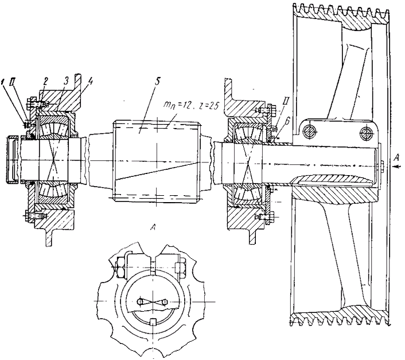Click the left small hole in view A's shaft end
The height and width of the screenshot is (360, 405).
tap(140, 301)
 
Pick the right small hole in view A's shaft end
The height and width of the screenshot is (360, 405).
tap(163, 301)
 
